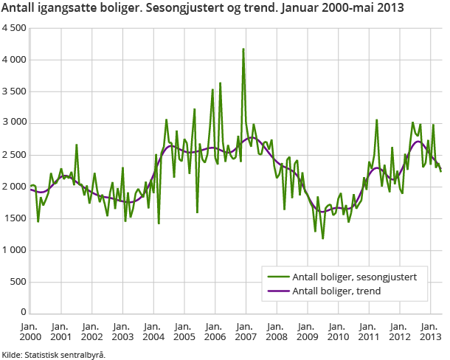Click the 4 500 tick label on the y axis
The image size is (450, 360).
(14, 28)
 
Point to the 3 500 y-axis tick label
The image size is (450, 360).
(14, 91)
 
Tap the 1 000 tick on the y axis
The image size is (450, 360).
(14, 250)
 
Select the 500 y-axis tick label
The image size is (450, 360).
(18, 282)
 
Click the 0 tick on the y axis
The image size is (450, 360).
(24, 314)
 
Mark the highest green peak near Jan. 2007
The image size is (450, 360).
(243, 49)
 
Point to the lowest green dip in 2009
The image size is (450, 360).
(322, 238)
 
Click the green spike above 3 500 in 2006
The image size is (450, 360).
(220, 83)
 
